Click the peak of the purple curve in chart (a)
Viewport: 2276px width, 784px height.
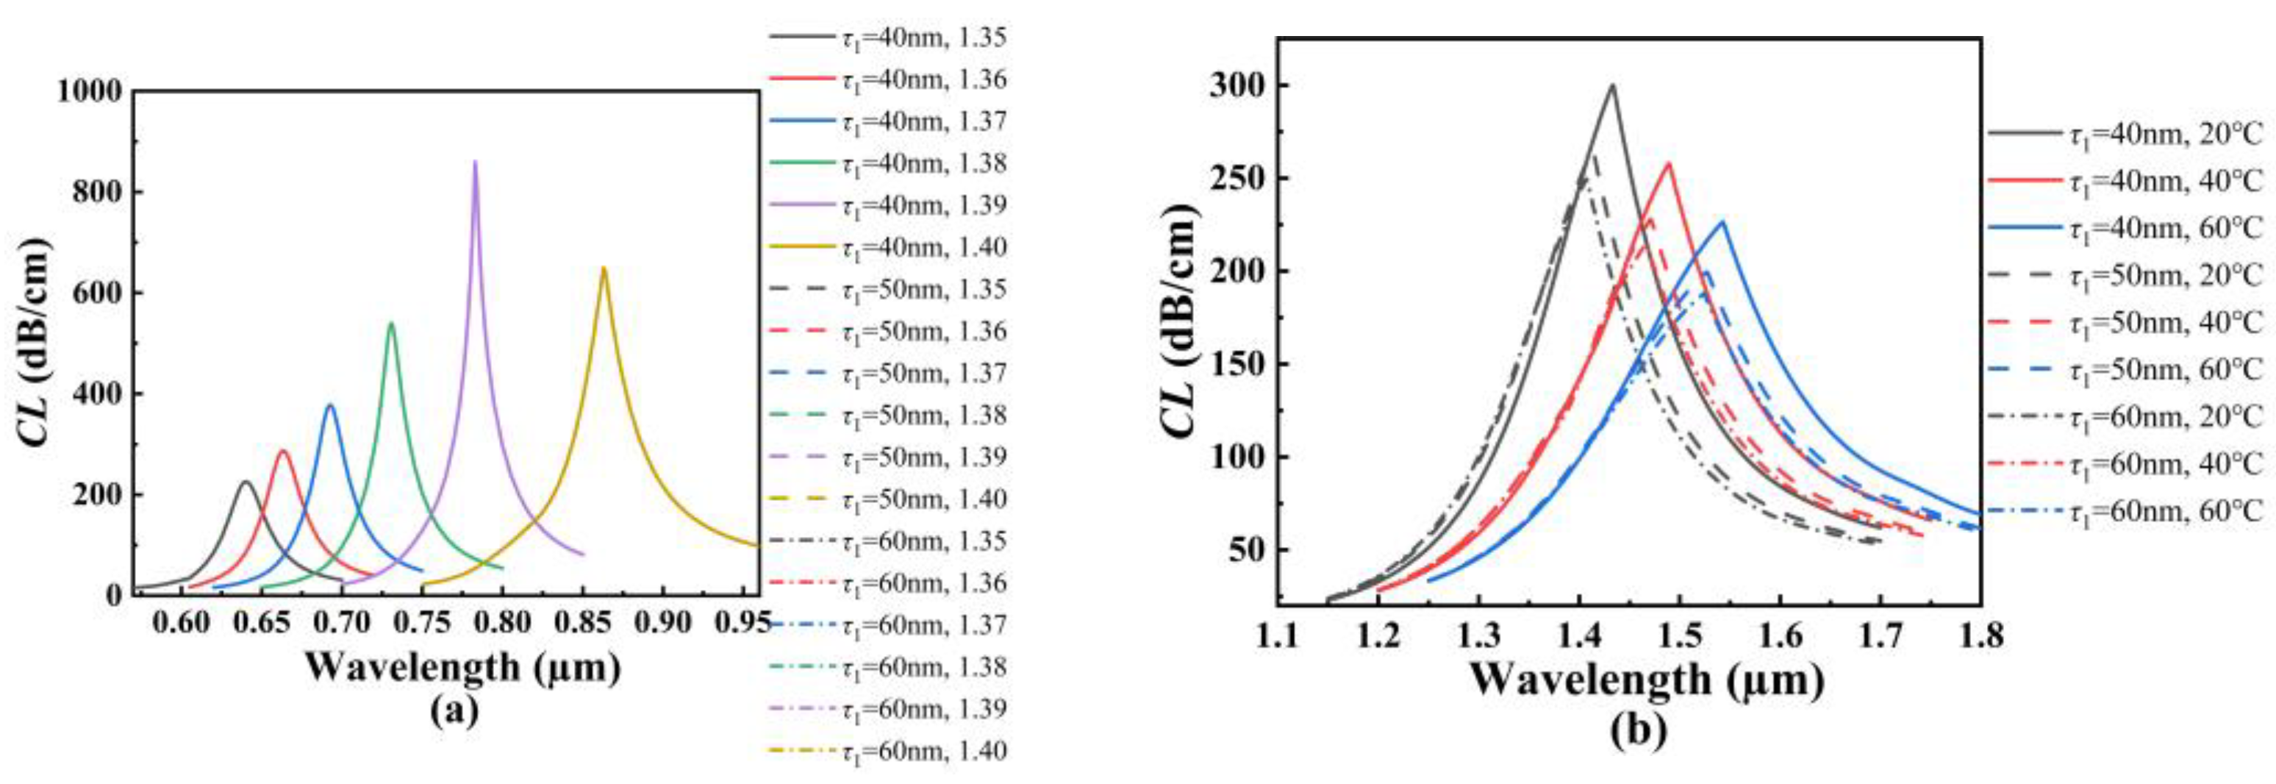(476, 162)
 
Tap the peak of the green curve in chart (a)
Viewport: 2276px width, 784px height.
(391, 324)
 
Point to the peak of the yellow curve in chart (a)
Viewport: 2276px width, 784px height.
(604, 268)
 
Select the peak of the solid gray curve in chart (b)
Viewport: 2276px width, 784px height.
(1612, 86)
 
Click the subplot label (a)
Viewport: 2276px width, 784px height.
(454, 711)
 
